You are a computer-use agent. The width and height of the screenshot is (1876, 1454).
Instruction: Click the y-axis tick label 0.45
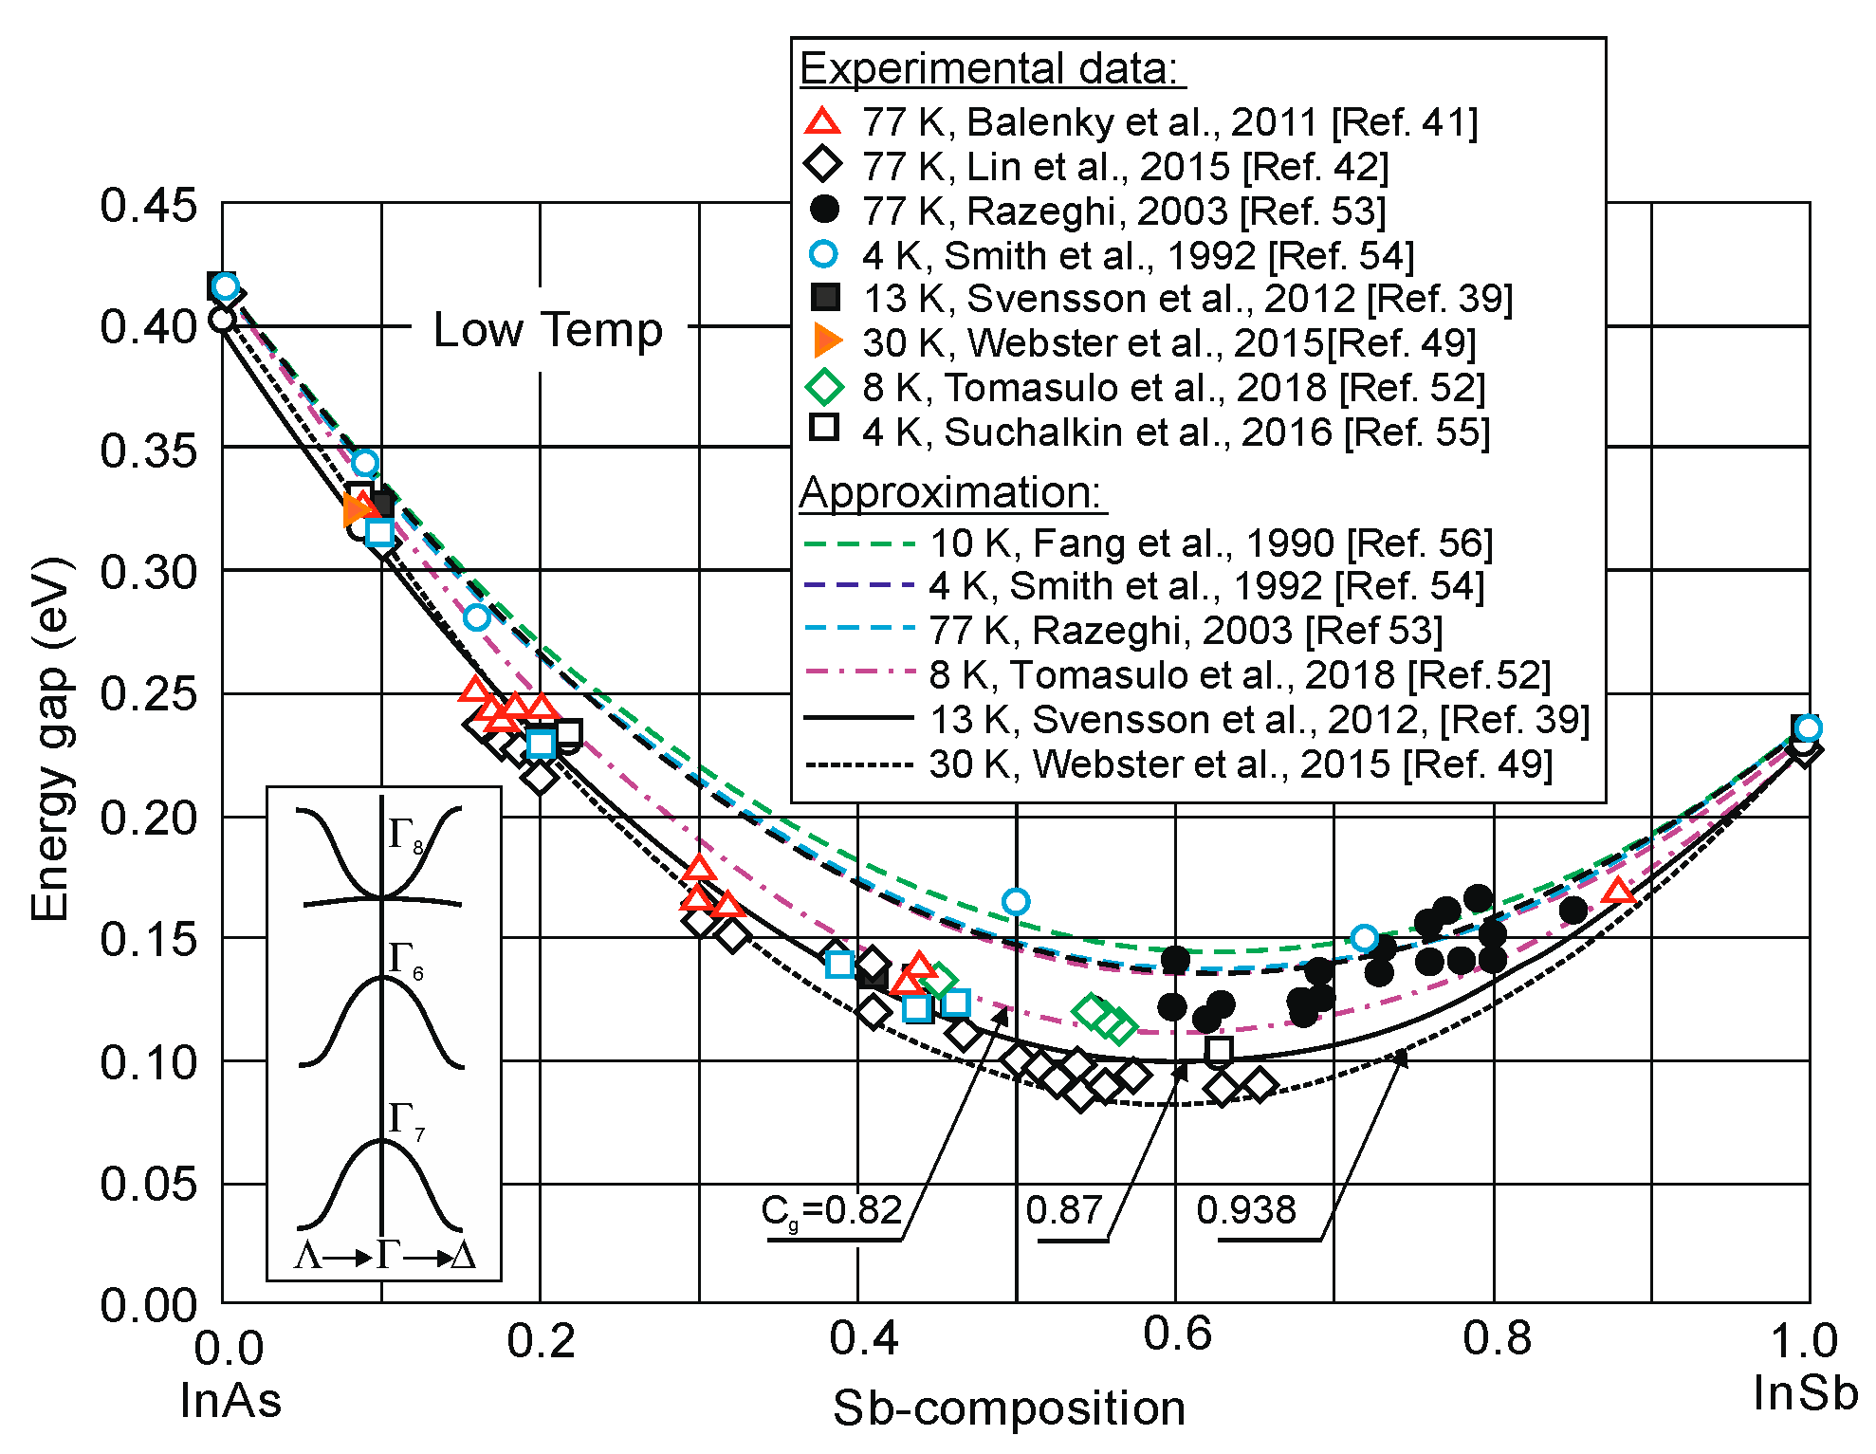tap(148, 206)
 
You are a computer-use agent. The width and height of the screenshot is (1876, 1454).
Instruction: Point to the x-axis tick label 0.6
tap(1177, 1334)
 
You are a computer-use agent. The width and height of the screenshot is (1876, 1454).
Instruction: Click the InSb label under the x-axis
tap(1805, 1392)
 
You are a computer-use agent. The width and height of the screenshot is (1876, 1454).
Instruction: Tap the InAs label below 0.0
tap(230, 1400)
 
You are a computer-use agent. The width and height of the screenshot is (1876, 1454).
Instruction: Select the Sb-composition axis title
tap(1009, 1408)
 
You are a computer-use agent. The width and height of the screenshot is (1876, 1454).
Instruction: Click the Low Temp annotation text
tap(547, 330)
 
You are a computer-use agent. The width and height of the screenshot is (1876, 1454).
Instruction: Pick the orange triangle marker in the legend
tap(826, 341)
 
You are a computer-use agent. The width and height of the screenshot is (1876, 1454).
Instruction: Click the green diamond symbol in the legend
tap(823, 387)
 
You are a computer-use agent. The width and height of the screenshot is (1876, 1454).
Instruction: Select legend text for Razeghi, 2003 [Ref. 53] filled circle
tap(1123, 211)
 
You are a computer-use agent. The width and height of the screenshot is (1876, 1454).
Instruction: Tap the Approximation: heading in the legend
tap(951, 492)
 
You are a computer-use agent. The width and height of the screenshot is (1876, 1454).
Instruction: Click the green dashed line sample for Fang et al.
tap(858, 544)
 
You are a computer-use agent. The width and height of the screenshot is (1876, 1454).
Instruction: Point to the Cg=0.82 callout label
tap(831, 1211)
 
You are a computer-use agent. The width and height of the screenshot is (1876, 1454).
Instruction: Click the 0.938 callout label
tap(1245, 1210)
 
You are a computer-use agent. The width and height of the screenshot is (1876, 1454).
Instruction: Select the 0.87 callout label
tap(1064, 1210)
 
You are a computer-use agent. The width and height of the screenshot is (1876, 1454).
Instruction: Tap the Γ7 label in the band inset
tap(406, 1120)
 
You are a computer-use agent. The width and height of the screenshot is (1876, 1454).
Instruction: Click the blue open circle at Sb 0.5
tap(1016, 901)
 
